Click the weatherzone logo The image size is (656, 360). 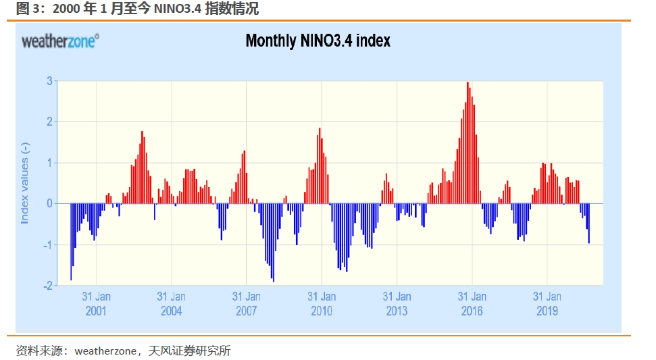pyautogui.click(x=60, y=41)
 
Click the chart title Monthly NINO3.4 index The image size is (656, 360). pyautogui.click(x=318, y=41)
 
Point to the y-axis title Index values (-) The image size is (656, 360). pyautogui.click(x=25, y=183)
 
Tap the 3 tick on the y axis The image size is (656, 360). pyautogui.click(x=49, y=81)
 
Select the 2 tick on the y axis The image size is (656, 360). pyautogui.click(x=49, y=122)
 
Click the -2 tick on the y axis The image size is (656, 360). pyautogui.click(x=48, y=286)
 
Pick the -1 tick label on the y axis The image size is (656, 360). pyautogui.click(x=48, y=245)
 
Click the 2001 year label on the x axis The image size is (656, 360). pyautogui.click(x=96, y=311)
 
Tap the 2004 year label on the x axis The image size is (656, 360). pyautogui.click(x=171, y=311)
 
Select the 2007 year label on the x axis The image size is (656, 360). pyautogui.click(x=246, y=311)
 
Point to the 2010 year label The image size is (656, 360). pyautogui.click(x=322, y=311)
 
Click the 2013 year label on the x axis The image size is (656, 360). pyautogui.click(x=397, y=311)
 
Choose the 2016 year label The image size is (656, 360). pyautogui.click(x=472, y=311)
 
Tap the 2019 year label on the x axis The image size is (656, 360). pyautogui.click(x=547, y=311)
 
